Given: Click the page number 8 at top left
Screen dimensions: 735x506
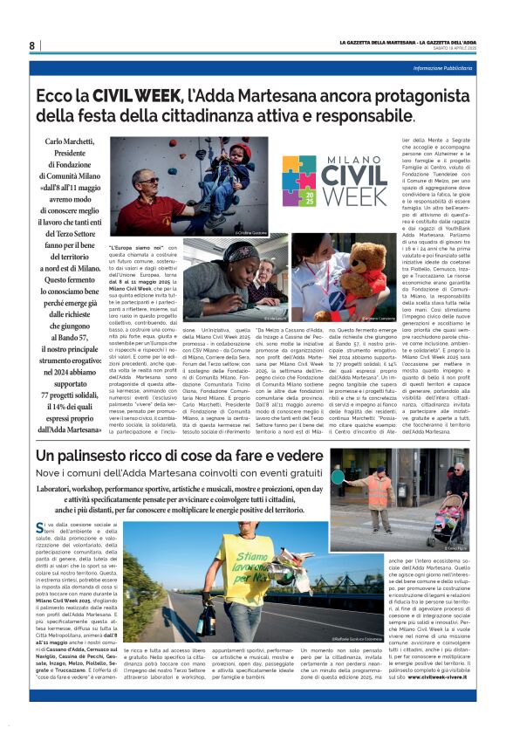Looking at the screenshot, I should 32,45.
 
